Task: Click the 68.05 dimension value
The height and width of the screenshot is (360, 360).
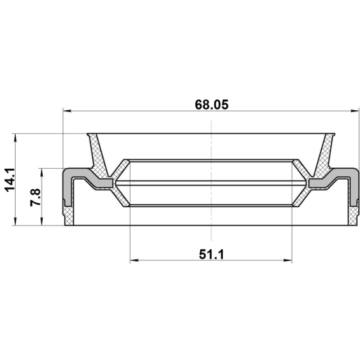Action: [x=211, y=105]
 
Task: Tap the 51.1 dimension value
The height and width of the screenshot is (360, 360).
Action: [x=211, y=254]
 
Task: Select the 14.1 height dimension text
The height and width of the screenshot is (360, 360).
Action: [x=10, y=180]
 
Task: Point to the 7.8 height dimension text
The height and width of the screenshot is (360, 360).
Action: [x=36, y=197]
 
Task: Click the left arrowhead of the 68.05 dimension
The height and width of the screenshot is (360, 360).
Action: [x=67, y=111]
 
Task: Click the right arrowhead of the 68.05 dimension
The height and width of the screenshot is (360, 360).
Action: [x=355, y=111]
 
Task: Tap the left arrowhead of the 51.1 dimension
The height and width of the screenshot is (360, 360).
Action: [x=134, y=260]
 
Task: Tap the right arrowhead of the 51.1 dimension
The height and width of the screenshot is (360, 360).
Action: [x=288, y=260]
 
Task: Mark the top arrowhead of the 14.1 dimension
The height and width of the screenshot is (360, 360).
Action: [x=15, y=138]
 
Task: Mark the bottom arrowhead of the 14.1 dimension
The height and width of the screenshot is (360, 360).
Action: [x=15, y=221]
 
